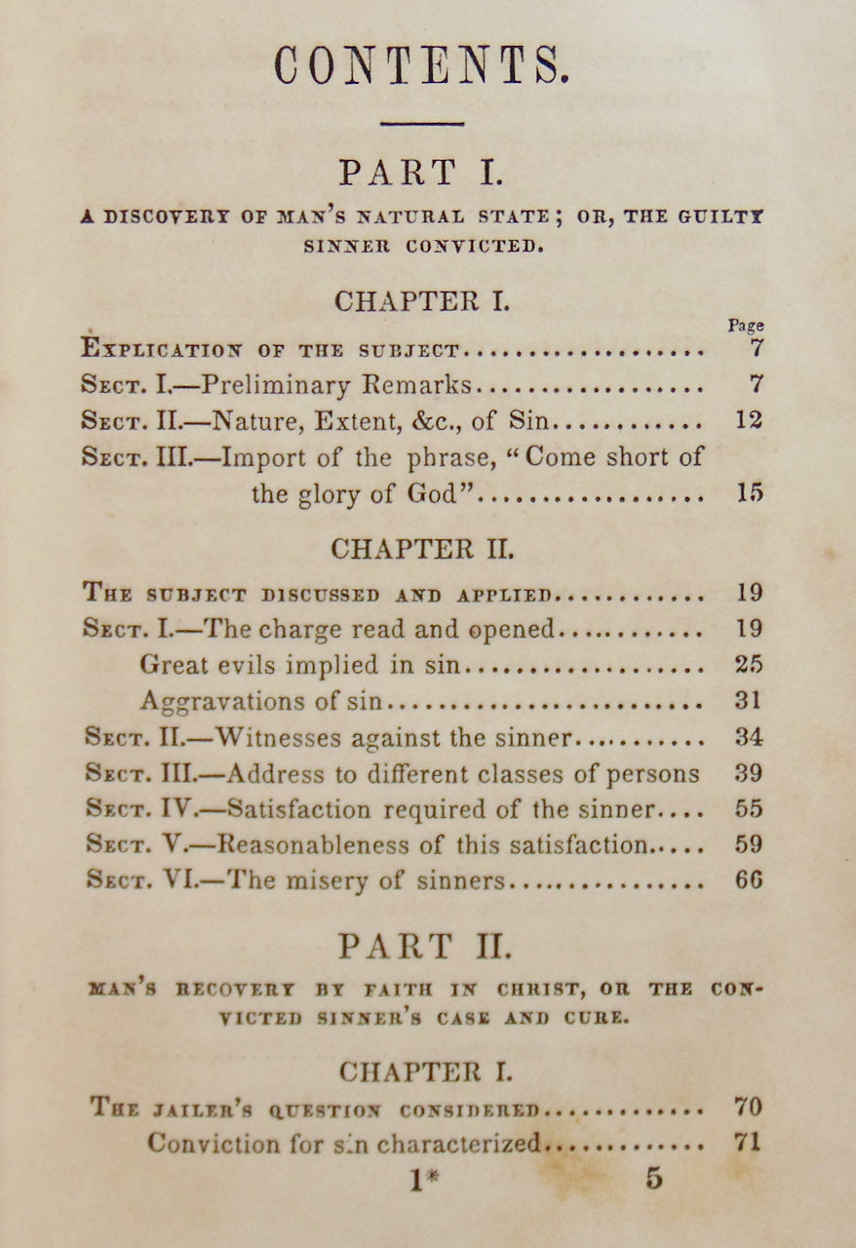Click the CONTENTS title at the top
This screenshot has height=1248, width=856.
pos(421,67)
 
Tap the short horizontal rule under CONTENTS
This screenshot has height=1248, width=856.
pos(421,124)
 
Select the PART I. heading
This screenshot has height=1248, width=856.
pos(421,173)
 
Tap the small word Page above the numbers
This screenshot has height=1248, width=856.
pos(746,326)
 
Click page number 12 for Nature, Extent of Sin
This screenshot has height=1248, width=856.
pos(749,421)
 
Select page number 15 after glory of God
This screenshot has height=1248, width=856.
pos(749,493)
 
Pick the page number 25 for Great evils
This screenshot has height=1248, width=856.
pos(749,665)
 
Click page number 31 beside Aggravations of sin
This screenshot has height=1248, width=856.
pos(749,701)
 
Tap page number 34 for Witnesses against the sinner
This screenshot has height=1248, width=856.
pos(749,737)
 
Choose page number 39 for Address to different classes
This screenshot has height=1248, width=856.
pos(749,773)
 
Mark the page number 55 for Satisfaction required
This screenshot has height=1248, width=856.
pos(749,809)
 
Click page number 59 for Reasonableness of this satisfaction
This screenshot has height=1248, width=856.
pos(749,844)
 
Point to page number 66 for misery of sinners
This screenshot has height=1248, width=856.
pos(749,880)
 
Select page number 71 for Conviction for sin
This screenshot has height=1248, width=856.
pos(747,1143)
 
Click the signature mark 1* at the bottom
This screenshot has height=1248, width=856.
pos(424,1180)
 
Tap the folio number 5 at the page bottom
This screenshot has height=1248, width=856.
pos(653,1178)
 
